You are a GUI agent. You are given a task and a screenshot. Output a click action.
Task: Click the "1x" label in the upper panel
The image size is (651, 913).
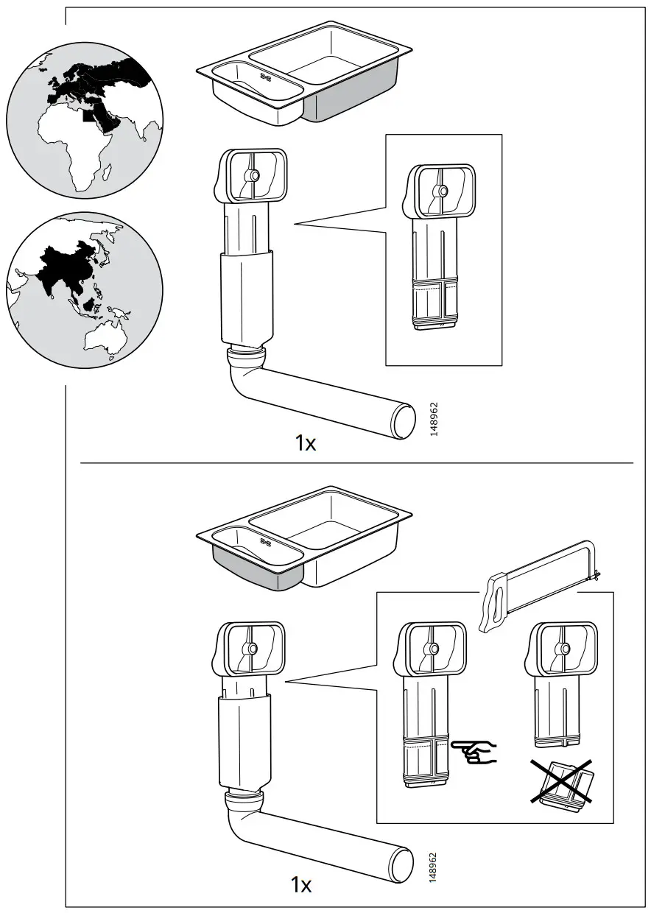click(305, 443)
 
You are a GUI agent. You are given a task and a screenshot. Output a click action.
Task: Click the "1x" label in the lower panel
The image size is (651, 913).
click(300, 884)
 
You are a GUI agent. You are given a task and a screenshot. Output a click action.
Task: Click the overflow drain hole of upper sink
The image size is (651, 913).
click(266, 75)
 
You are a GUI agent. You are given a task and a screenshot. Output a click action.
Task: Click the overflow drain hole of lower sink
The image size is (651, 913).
click(266, 543)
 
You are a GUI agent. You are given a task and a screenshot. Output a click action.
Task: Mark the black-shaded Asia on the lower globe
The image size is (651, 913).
click(63, 265)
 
